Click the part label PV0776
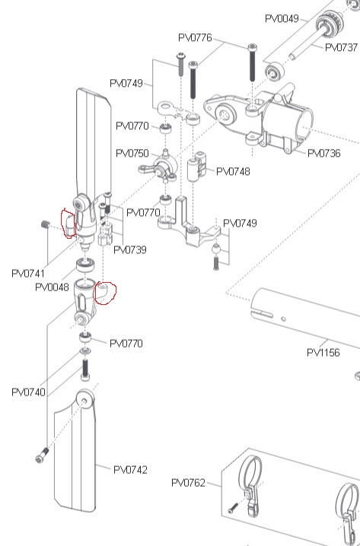tap(195, 37)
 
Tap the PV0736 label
tap(324, 153)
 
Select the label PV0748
tap(233, 171)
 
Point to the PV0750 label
tap(132, 153)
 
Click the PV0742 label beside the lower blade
tap(130, 470)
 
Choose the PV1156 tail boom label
tap(323, 352)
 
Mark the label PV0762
tap(188, 483)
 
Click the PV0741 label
tap(28, 273)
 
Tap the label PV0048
tap(52, 287)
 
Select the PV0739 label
tap(130, 249)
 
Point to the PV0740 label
tap(29, 392)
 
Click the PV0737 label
tap(341, 47)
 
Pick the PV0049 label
tap(282, 18)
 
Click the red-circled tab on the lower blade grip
tap(104, 291)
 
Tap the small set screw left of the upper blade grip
tap(45, 224)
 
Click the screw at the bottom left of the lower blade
tap(42, 455)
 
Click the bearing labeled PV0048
tap(85, 265)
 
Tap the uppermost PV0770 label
tap(132, 125)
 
